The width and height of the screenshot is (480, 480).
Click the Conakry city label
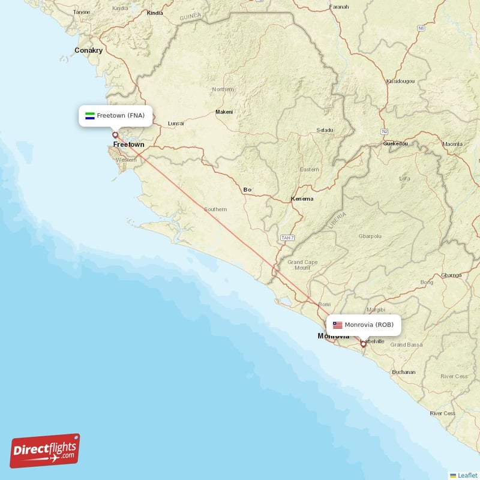tap(89, 50)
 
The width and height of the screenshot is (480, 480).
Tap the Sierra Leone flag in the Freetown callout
tap(89, 115)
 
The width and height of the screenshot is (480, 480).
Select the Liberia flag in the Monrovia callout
tap(338, 325)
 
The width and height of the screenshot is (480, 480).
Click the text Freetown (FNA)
tap(121, 115)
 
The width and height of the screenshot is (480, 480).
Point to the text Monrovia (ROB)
tap(369, 325)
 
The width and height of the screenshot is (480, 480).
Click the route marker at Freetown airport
tap(115, 135)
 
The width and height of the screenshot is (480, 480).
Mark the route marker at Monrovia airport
tap(363, 344)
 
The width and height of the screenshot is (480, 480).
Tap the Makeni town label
tap(224, 112)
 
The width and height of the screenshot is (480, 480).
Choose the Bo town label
tap(247, 190)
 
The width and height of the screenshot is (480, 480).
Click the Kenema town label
tap(302, 199)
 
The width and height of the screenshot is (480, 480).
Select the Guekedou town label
tap(396, 144)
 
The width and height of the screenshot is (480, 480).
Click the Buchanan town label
tap(403, 372)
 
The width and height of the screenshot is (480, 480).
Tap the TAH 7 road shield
tap(287, 238)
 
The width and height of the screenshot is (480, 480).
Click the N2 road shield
tap(385, 130)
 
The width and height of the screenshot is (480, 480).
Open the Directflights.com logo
tap(45, 451)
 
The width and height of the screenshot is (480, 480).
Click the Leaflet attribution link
tap(466, 475)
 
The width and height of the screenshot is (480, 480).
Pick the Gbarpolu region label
tap(370, 236)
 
